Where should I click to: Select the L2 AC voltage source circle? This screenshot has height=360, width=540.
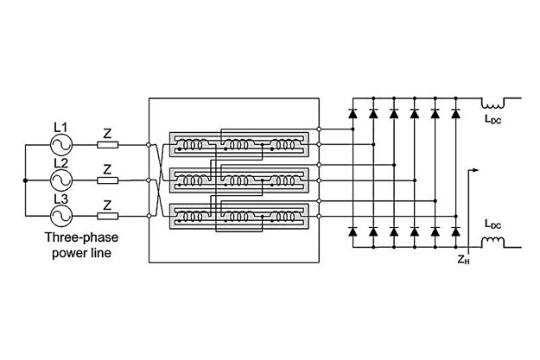[x=62, y=180]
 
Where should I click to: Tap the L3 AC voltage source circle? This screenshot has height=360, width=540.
[x=62, y=215]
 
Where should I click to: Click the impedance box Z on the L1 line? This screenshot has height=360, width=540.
[x=108, y=145]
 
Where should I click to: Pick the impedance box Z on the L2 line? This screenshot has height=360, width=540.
[x=108, y=180]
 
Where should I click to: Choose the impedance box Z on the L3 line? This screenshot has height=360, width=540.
[x=108, y=215]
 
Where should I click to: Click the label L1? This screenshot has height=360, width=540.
[x=60, y=127]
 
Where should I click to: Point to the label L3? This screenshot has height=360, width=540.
[x=60, y=198]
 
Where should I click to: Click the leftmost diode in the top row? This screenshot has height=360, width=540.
[x=353, y=113]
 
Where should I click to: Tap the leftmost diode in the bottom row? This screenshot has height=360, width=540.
[x=353, y=232]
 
